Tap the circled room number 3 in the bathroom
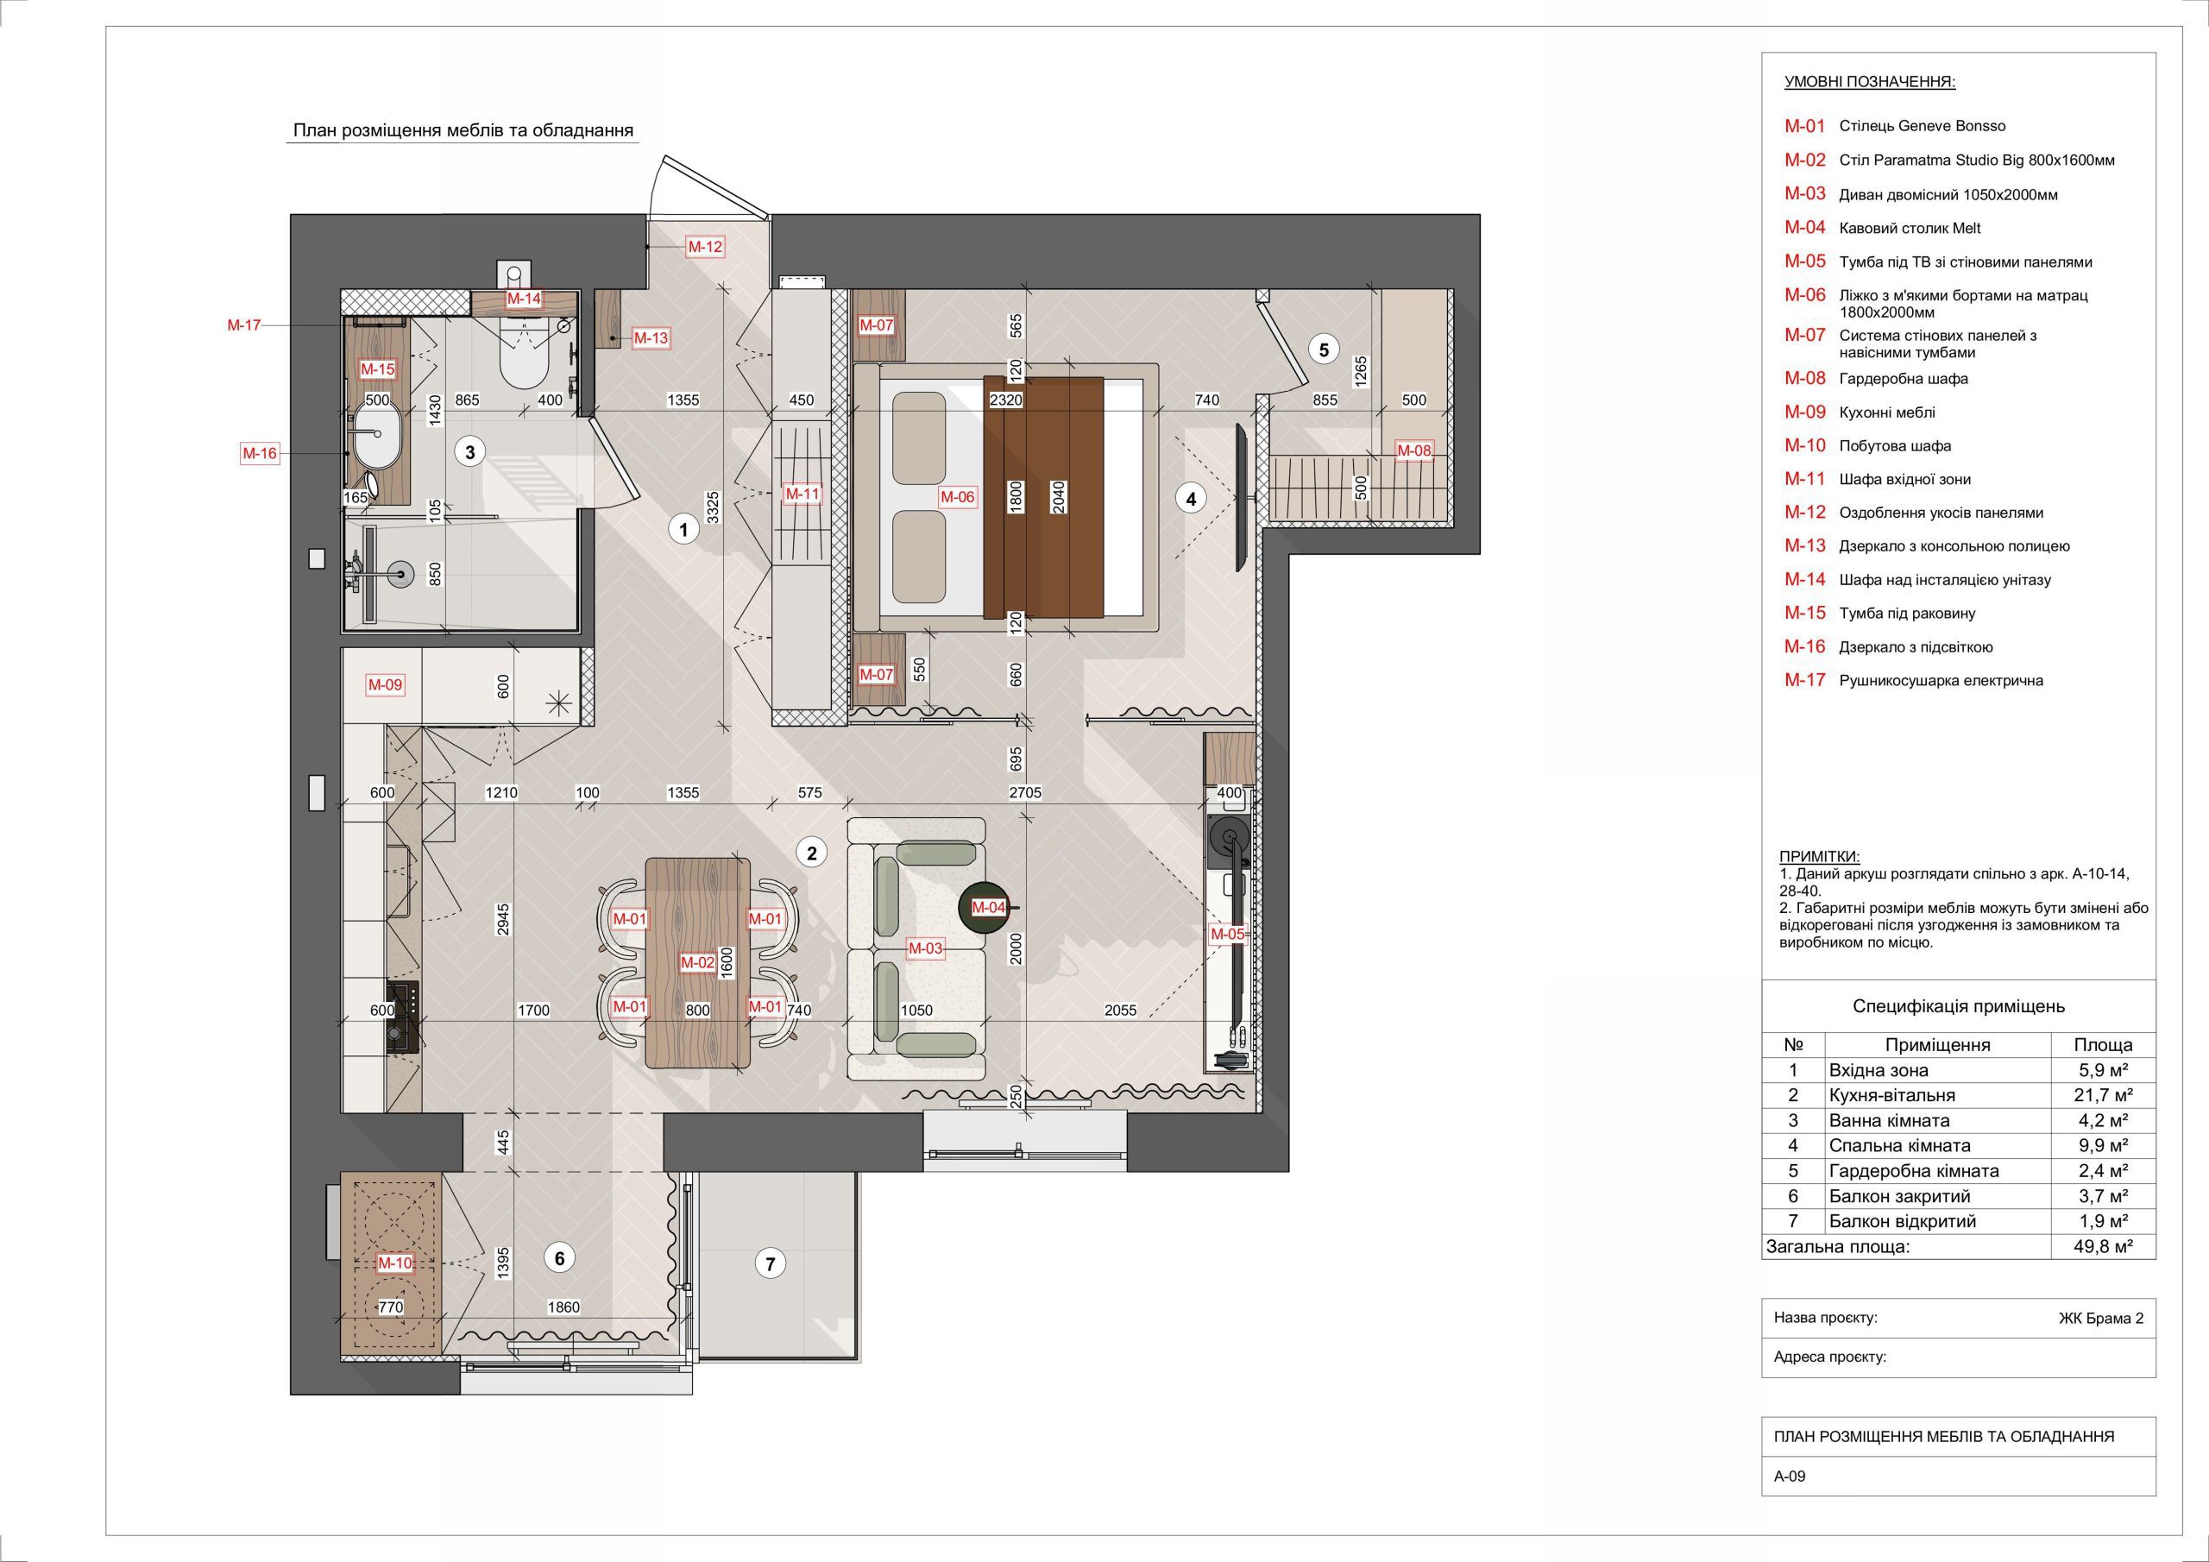click(469, 451)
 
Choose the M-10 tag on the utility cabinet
click(394, 1263)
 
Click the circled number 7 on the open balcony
click(770, 1263)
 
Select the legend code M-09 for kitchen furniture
click(1805, 412)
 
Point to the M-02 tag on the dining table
click(697, 961)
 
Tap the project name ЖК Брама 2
click(2100, 1319)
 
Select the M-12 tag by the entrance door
click(704, 246)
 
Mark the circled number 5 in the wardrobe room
click(1324, 350)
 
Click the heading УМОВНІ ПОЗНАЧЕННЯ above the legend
click(1869, 82)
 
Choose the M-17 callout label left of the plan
click(244, 326)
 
